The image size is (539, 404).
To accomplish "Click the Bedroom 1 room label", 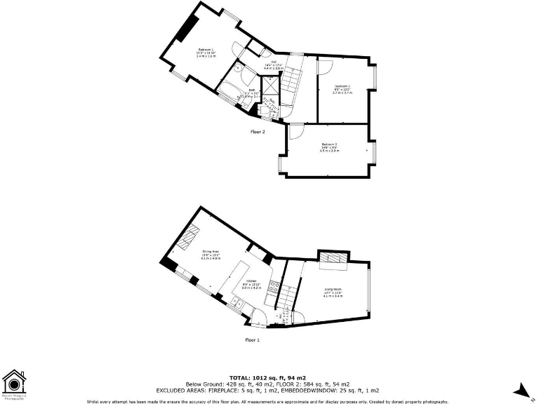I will tap(206, 50).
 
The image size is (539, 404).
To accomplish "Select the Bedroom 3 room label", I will tap(341, 86).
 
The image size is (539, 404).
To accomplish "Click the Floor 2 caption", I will tap(258, 131).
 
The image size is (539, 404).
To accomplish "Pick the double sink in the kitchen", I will tap(237, 303).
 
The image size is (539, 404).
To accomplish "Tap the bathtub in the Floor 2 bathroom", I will tap(229, 91).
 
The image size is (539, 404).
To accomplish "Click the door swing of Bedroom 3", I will tap(324, 65).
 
